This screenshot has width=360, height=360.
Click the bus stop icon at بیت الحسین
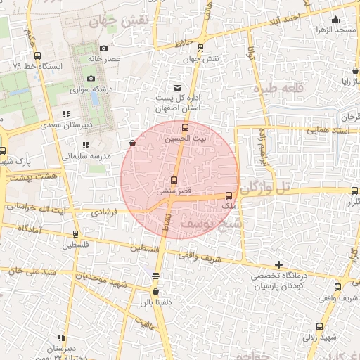(186, 127)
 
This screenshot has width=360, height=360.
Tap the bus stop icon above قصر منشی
(174, 181)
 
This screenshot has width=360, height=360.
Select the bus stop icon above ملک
(229, 195)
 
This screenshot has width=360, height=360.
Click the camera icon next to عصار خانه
(103, 49)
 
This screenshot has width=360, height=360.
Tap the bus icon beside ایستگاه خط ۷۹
(37, 56)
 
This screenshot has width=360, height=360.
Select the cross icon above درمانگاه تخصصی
(279, 264)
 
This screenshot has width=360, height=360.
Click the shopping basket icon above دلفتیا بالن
(155, 291)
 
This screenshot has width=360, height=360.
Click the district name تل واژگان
(273, 188)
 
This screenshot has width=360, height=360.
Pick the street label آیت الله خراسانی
(35, 208)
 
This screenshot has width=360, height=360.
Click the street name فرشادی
(105, 211)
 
